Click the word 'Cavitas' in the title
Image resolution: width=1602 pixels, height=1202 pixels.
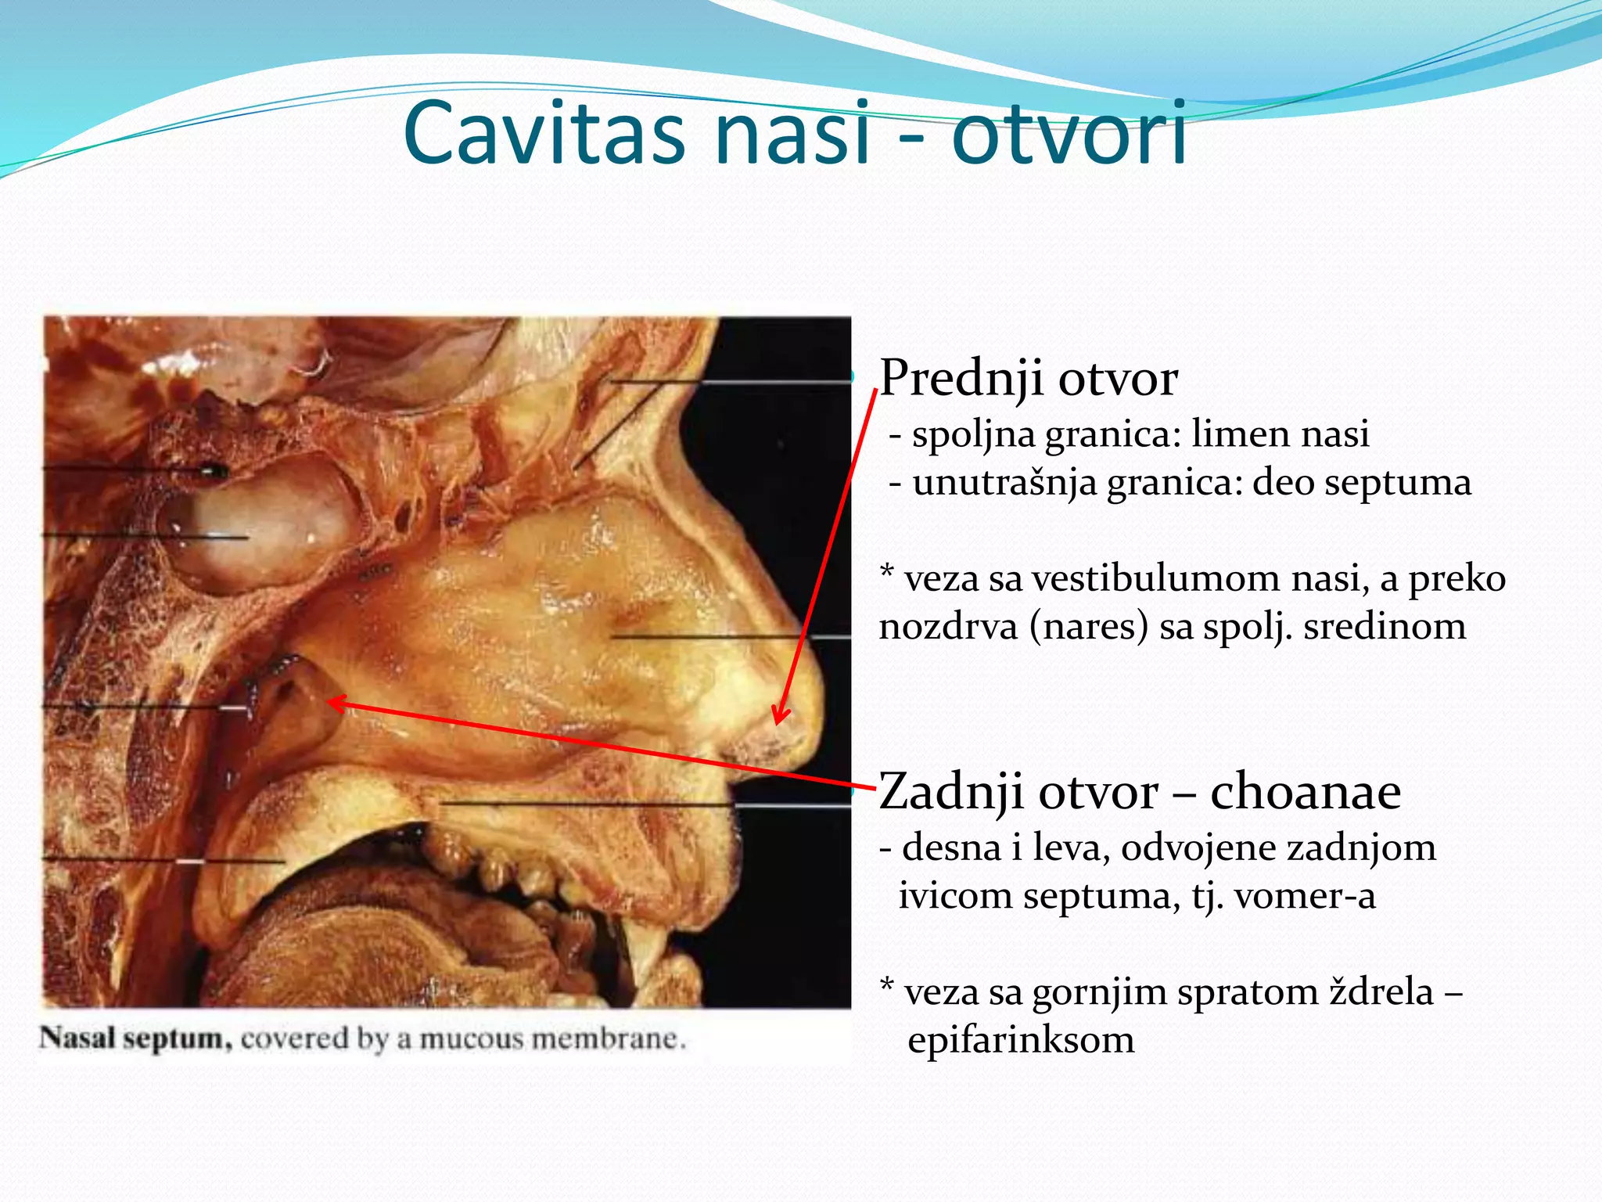pos(544,133)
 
